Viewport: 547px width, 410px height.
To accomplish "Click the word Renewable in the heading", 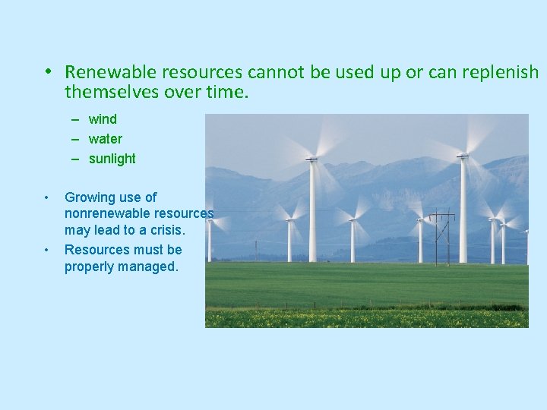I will [x=109, y=72].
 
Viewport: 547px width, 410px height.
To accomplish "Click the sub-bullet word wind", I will [x=103, y=119].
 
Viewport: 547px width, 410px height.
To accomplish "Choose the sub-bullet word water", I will [x=105, y=139].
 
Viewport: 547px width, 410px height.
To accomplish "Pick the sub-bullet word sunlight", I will [x=112, y=159].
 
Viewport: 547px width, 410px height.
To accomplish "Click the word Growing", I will [x=88, y=197].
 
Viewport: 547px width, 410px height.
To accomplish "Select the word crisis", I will [x=166, y=230].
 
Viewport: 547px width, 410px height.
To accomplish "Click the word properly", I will [x=89, y=266].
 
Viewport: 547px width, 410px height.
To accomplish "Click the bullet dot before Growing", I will [x=47, y=197].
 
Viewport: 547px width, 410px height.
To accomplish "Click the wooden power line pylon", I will [x=441, y=235].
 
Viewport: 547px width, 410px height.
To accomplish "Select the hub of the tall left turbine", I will [x=311, y=159].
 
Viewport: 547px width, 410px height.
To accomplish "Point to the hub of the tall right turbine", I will [x=462, y=156].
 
